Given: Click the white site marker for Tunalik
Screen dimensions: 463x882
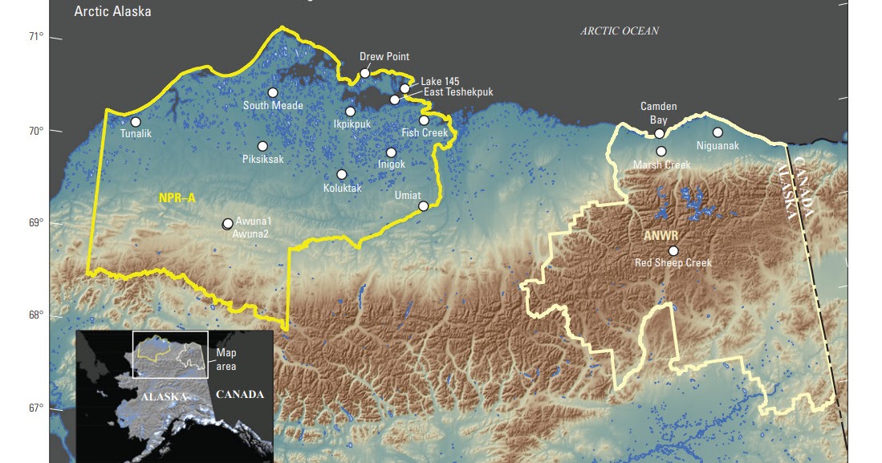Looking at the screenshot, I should click(136, 122).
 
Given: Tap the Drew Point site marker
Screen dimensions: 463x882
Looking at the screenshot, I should click(365, 73).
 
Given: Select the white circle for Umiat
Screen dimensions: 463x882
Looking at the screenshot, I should click(424, 206).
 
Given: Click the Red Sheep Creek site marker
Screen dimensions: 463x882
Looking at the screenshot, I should click(673, 251).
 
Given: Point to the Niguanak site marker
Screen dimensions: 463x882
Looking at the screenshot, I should click(717, 132).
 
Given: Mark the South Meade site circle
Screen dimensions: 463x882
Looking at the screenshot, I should click(273, 93).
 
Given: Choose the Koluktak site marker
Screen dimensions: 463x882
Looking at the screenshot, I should click(342, 175).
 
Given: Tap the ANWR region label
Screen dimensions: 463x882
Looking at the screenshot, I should click(660, 236).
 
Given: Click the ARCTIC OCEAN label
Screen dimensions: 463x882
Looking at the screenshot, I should click(620, 31).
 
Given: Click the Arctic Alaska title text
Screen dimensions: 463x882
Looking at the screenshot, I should click(112, 12).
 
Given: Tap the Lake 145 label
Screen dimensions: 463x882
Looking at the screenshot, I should click(440, 81).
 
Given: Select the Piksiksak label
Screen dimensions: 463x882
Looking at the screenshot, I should click(262, 159).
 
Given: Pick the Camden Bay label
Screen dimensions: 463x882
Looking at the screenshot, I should click(658, 113).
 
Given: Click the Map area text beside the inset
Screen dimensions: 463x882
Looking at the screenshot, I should click(226, 359).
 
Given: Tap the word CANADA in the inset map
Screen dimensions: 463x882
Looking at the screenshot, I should click(240, 395).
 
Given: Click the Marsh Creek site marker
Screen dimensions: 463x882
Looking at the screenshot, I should click(661, 152).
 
